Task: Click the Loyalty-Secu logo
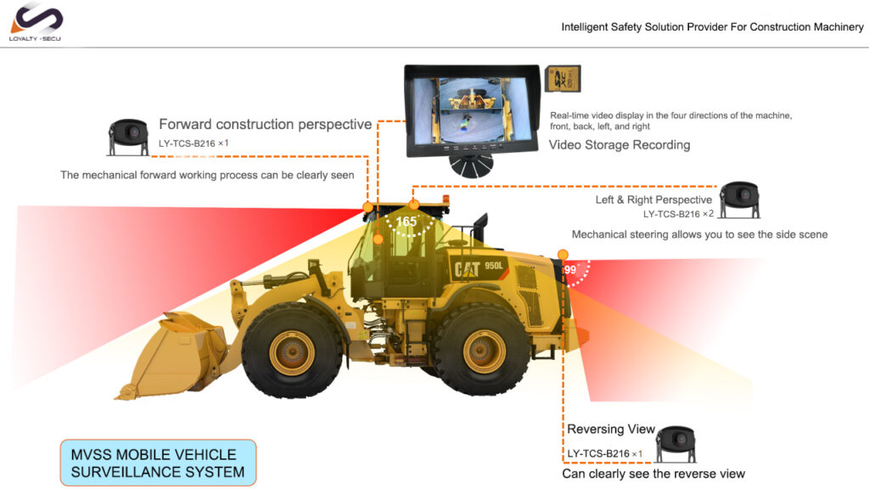36,22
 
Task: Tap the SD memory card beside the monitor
563,79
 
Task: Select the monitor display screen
472,111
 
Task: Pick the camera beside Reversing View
676,444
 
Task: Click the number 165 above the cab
406,222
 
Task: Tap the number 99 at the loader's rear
570,270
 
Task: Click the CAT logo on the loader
467,269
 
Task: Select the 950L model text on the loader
494,266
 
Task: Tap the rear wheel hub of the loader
484,351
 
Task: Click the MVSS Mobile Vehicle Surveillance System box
158,463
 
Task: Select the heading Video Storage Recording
620,145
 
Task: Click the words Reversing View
611,429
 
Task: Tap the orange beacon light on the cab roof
446,200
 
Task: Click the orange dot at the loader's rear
563,255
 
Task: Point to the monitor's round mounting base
470,166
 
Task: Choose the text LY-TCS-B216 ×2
678,214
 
